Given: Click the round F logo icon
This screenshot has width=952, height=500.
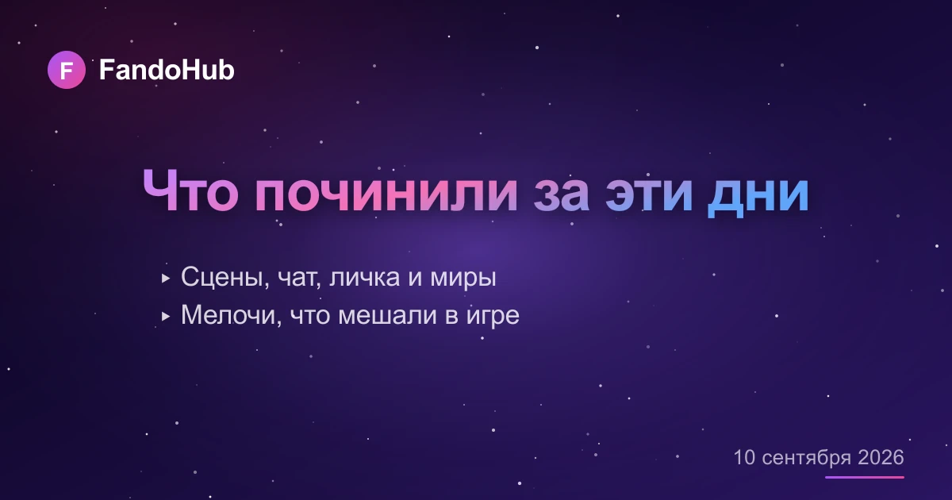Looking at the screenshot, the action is pos(67,70).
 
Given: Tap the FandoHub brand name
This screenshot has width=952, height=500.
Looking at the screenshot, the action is pos(167,70).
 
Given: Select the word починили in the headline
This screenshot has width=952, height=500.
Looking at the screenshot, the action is pos(386,194).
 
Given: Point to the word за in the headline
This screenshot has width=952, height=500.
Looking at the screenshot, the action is pos(561,194).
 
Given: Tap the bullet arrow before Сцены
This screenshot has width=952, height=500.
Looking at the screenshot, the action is pos(166,279).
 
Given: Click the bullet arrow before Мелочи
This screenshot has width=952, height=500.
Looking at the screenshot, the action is pos(166,317).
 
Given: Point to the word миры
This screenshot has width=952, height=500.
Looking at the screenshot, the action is pos(463,279).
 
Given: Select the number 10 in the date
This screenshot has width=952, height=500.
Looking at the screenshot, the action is pos(744,457).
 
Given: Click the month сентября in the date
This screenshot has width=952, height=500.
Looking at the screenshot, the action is pos(807,459).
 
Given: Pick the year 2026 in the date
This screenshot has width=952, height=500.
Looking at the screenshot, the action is pos(881,457).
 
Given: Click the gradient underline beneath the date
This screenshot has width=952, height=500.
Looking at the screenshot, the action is pos(865,478).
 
